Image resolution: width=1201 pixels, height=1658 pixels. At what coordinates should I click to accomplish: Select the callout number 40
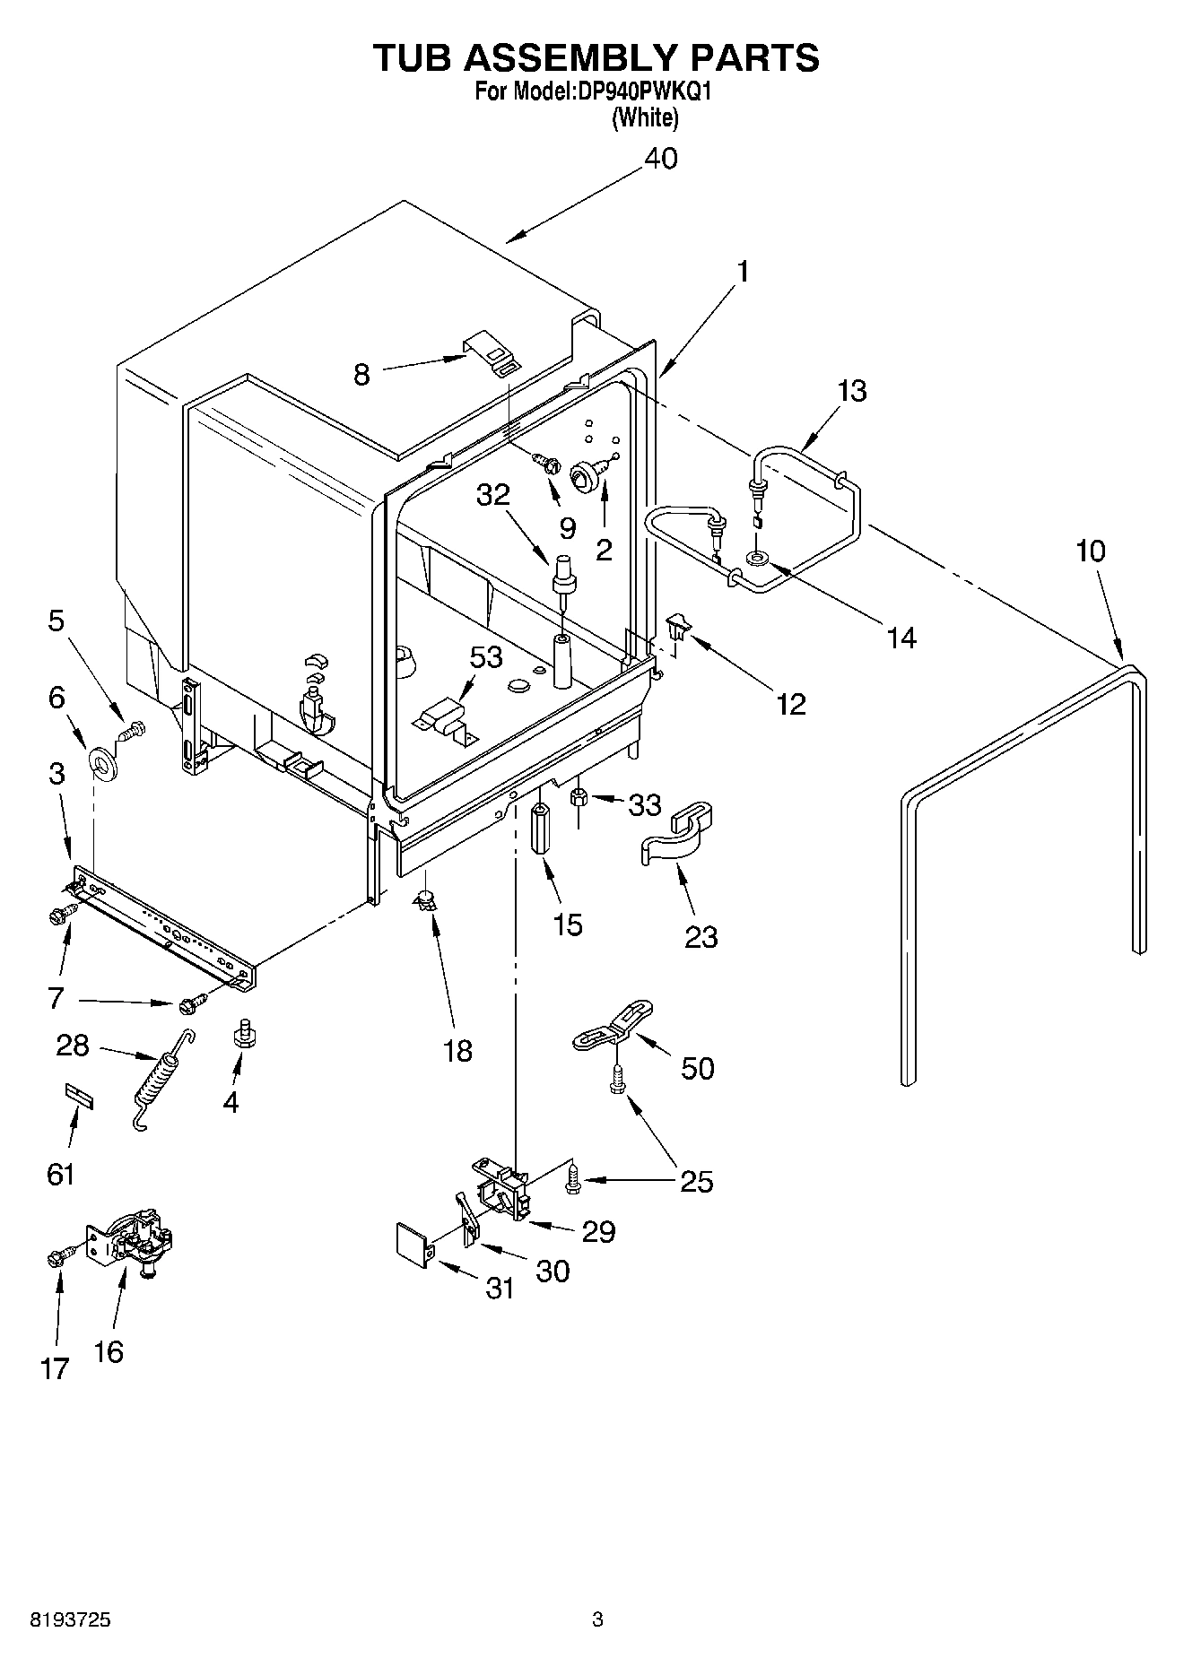[660, 159]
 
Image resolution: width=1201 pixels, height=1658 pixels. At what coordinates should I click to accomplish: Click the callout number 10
[1090, 551]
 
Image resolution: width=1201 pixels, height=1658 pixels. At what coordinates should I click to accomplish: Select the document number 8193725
[71, 1619]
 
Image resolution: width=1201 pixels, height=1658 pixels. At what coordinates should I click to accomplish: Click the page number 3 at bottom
[597, 1619]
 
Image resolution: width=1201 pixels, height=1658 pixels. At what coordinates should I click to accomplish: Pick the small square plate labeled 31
[413, 1244]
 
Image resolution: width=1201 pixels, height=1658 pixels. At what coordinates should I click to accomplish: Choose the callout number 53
[486, 657]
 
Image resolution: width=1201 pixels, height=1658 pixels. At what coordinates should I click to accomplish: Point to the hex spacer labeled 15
[542, 829]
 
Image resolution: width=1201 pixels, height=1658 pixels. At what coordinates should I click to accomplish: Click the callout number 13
[852, 391]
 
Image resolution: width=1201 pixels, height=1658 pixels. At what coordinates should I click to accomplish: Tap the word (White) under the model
[644, 117]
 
